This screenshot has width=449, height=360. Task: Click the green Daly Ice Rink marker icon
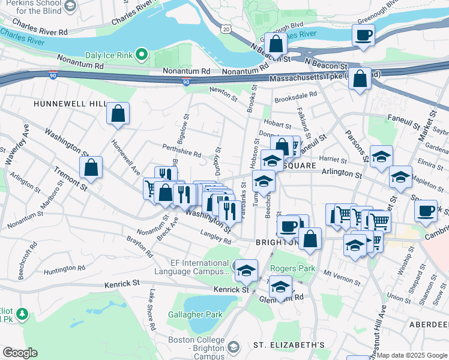click(142, 55)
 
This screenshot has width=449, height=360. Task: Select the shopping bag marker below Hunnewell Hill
click(118, 113)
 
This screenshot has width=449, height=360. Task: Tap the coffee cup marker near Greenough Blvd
click(364, 34)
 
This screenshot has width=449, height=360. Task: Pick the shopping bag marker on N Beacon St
click(276, 44)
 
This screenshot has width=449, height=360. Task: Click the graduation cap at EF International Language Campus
click(246, 271)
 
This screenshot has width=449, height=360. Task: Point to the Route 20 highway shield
click(225, 28)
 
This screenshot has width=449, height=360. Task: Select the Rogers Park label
click(293, 268)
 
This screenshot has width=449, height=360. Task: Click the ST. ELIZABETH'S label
click(289, 345)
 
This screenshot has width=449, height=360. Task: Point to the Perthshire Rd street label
click(181, 150)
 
